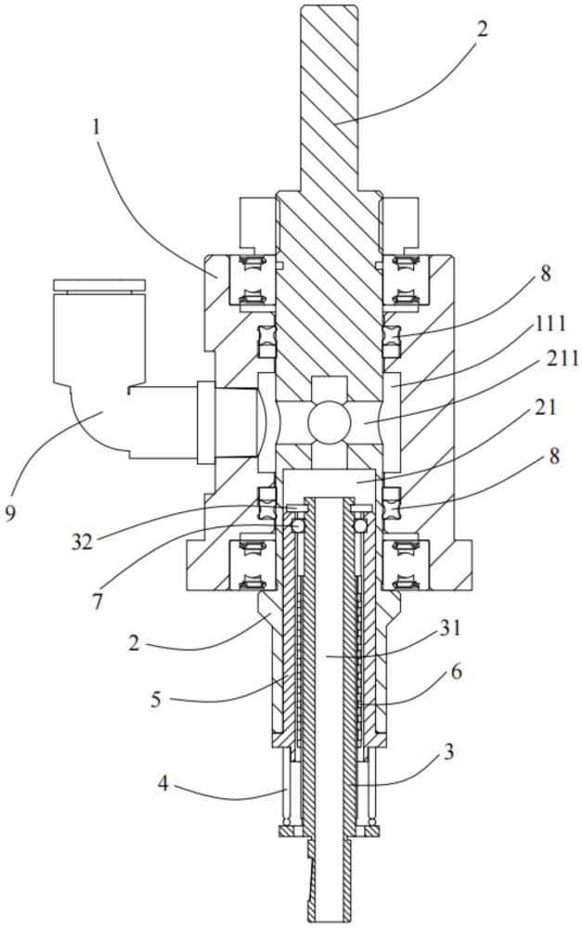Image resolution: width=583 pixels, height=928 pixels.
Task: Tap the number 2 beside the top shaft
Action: (x=483, y=29)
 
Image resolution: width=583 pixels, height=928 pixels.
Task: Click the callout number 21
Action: (x=545, y=407)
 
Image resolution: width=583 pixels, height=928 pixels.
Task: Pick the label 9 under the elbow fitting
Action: (x=10, y=513)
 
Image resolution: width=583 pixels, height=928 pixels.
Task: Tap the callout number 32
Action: (x=83, y=542)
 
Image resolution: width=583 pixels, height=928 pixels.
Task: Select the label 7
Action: (x=97, y=601)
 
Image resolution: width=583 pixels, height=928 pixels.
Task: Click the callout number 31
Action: (x=449, y=628)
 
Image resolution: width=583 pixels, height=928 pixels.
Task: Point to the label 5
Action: (x=155, y=700)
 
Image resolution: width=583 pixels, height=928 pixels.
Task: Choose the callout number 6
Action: (x=456, y=672)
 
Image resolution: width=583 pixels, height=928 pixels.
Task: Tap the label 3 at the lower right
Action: (x=449, y=753)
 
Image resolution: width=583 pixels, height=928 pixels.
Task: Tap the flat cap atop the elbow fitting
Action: (x=98, y=285)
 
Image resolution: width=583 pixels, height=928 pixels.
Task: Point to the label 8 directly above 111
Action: (x=545, y=274)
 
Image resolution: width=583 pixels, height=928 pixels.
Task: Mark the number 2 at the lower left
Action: (x=134, y=642)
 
